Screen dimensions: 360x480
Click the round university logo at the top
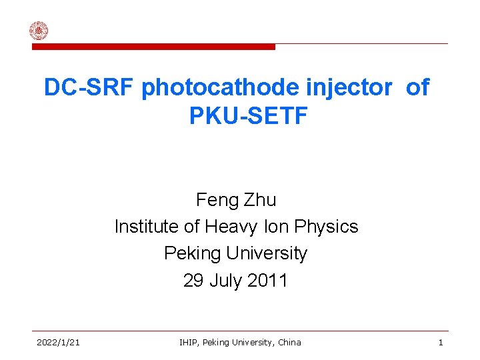(x=39, y=31)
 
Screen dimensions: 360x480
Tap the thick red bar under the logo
(x=153, y=47)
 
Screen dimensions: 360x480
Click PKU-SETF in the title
(x=248, y=116)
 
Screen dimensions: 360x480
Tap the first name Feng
(x=213, y=200)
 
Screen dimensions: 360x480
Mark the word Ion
(x=273, y=227)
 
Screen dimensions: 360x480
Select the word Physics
(x=326, y=227)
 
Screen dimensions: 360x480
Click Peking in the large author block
(x=193, y=253)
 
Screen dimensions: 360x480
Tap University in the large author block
(x=267, y=253)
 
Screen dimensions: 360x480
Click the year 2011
(x=267, y=281)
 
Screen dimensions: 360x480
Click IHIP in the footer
(x=189, y=343)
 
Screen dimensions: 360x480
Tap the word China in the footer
(x=287, y=343)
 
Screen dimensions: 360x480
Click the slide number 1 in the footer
(x=441, y=343)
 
